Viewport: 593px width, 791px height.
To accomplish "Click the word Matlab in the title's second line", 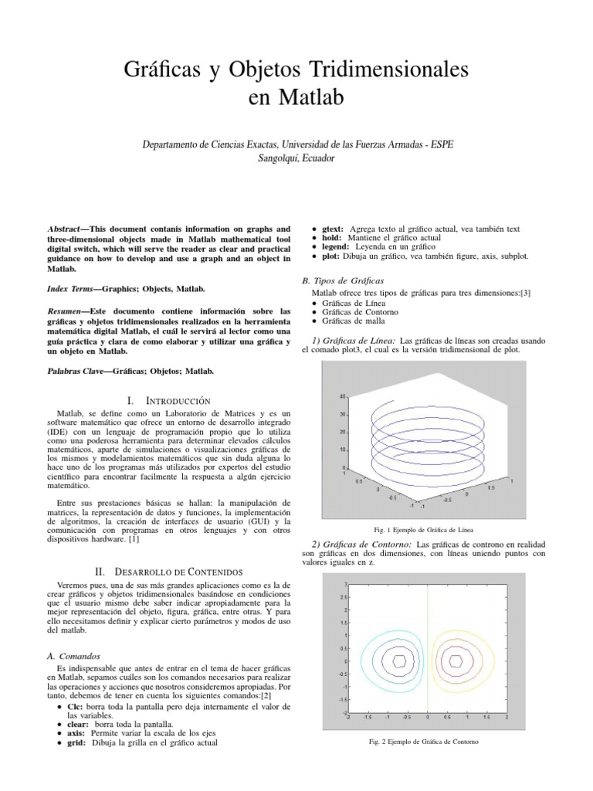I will (x=310, y=99).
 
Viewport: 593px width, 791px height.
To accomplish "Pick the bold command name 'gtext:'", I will (x=334, y=229).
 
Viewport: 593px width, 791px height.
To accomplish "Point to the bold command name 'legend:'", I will (x=337, y=246).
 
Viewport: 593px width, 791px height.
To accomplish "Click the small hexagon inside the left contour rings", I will (x=399, y=660).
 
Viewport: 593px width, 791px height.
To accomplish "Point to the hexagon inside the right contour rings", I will (x=456, y=660).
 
